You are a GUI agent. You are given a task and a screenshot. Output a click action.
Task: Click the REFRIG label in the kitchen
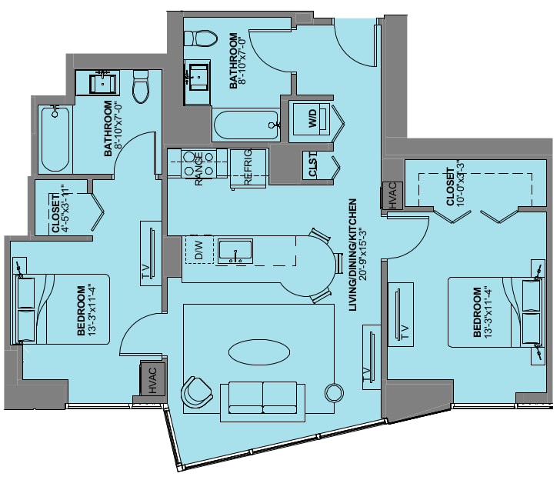pos(248,167)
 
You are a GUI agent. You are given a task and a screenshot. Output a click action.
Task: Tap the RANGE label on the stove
pos(198,168)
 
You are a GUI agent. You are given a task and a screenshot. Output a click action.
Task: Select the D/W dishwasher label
pos(198,250)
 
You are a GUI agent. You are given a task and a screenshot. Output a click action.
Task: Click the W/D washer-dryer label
pos(312,118)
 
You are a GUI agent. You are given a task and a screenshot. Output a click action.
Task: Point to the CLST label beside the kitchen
pos(312,165)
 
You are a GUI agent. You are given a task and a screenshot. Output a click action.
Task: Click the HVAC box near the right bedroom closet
pos(392,195)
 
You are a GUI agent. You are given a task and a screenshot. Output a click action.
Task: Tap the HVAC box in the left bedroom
pos(152,380)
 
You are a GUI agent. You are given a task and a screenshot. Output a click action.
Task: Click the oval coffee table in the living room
pos(259,352)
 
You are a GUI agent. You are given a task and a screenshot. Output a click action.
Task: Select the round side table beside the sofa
pos(335,392)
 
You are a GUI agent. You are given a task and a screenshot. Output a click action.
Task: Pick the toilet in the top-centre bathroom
pos(200,38)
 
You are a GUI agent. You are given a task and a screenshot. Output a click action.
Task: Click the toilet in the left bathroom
pos(141,86)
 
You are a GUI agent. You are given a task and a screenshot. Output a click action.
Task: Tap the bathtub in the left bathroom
pos(55,139)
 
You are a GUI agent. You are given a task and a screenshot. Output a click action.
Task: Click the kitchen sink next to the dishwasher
pos(235,251)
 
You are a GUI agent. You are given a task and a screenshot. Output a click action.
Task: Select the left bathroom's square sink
pos(103,83)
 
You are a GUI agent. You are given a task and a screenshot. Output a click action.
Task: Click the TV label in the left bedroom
pos(145,272)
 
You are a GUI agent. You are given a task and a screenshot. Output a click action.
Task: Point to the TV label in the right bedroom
pos(405,332)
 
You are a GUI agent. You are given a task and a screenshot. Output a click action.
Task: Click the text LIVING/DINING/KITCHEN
pos(352,255)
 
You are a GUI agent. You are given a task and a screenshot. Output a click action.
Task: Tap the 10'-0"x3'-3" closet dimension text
pos(460,183)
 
